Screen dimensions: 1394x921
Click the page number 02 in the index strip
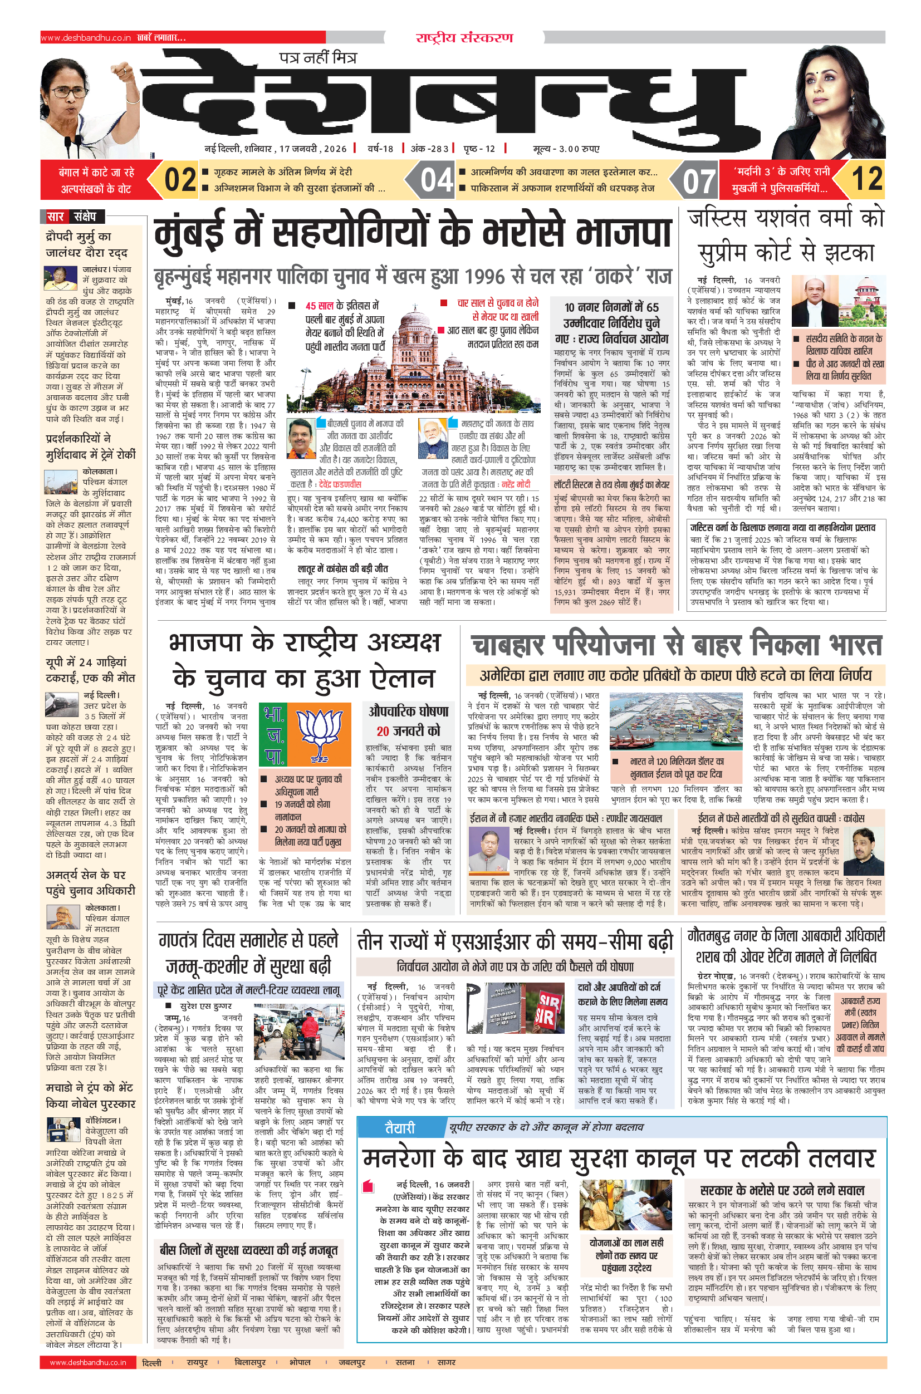pyautogui.click(x=180, y=180)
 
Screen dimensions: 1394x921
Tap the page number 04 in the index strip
pyautogui.click(x=437, y=180)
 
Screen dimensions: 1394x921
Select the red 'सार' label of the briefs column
pyautogui.click(x=55, y=217)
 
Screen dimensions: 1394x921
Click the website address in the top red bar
pyautogui.click(x=86, y=38)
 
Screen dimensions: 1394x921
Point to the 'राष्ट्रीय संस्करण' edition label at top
pyautogui.click(x=464, y=38)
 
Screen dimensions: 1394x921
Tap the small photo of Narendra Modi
pyautogui.click(x=433, y=439)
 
